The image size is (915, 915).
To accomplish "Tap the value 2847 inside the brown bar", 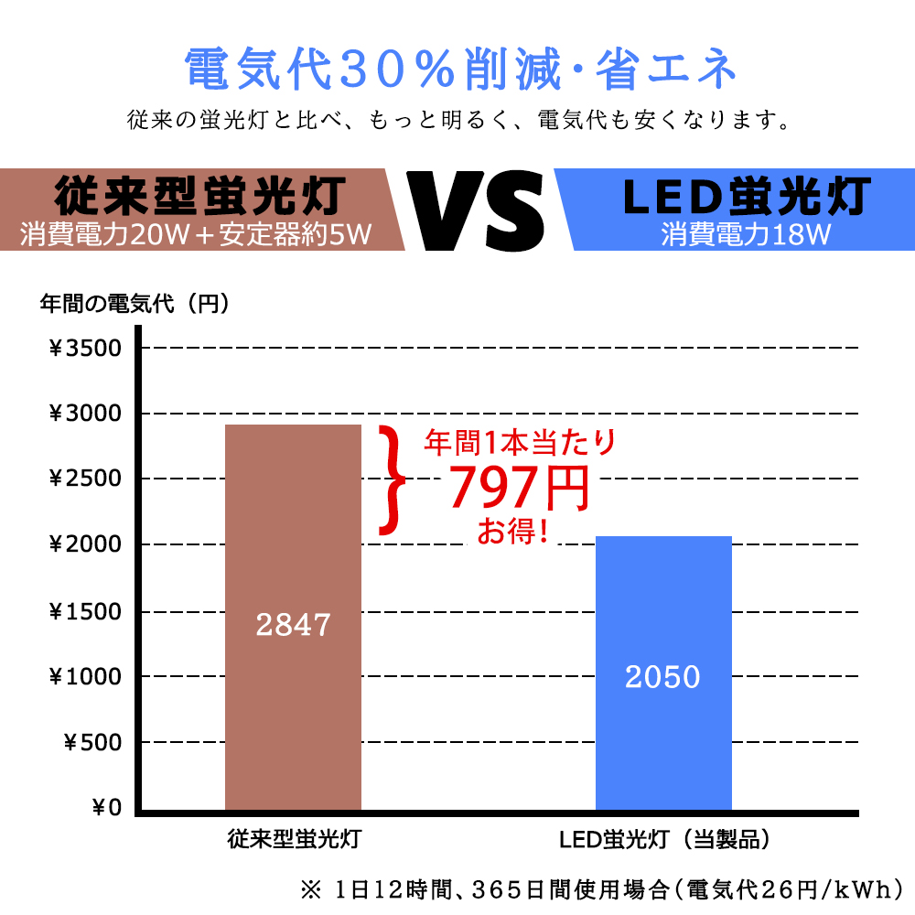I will tap(293, 625).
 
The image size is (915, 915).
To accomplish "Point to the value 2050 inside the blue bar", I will tap(662, 677).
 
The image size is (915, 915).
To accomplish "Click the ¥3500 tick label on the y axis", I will tap(84, 349).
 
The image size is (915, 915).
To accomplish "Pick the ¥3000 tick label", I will tap(84, 414).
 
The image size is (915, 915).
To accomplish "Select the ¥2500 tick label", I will tap(84, 479).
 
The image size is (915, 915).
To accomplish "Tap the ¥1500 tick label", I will tap(84, 610).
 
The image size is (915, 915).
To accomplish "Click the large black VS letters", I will tap(477, 209).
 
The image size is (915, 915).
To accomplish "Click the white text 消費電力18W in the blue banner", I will tap(746, 235).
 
